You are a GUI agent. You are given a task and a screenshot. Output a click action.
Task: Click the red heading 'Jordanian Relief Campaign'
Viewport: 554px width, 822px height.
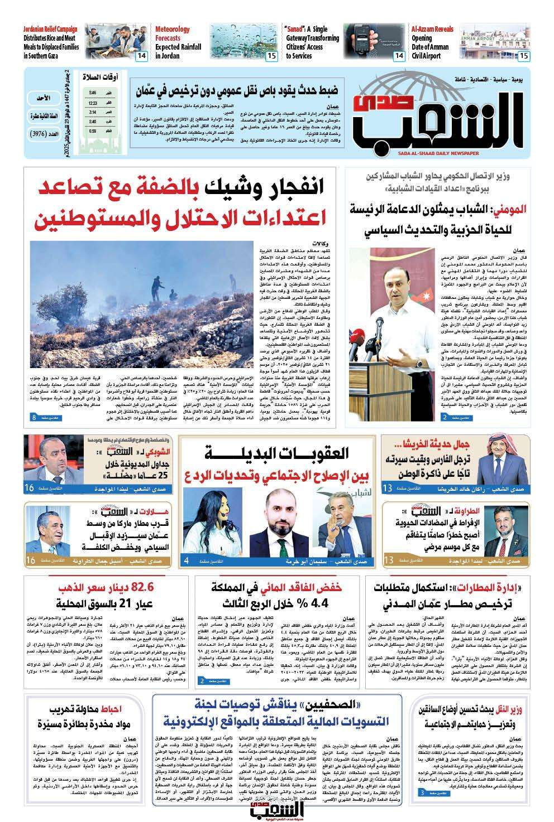pyautogui.click(x=51, y=29)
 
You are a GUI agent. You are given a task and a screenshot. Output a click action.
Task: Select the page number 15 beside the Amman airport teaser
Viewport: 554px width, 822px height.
pyautogui.click(x=524, y=56)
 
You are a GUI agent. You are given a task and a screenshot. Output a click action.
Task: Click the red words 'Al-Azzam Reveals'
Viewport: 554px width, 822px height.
pyautogui.click(x=432, y=29)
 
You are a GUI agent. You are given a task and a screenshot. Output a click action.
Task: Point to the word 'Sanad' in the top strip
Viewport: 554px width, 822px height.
pyautogui.click(x=294, y=29)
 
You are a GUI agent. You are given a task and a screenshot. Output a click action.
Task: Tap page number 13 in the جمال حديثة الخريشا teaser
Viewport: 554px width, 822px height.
pyautogui.click(x=387, y=489)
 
